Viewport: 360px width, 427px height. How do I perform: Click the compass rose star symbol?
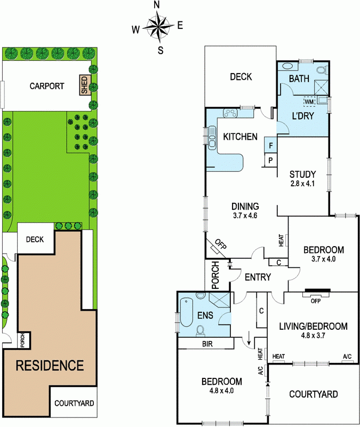point(158,26)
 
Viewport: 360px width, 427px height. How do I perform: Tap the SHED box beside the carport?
point(84,85)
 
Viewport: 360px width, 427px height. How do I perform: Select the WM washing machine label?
point(309,102)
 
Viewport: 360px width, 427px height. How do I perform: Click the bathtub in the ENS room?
point(186,312)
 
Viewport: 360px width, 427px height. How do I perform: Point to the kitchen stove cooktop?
point(231,113)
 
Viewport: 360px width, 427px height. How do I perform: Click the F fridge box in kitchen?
point(270,146)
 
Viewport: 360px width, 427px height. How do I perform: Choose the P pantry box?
point(270,160)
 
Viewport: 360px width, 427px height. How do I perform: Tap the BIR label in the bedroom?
point(207,344)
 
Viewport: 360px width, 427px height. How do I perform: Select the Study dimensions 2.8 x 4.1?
point(302,184)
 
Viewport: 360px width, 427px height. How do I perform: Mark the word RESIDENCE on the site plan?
point(50,366)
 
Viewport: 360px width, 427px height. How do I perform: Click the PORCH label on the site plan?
point(22,340)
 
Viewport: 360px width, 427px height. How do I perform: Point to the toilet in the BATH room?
point(323,69)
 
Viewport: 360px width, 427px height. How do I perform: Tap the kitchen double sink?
point(212,138)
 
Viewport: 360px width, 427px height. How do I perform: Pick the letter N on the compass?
point(156,5)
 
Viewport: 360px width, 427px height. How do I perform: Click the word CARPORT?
point(47,86)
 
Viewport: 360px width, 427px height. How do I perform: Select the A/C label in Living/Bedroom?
point(347,357)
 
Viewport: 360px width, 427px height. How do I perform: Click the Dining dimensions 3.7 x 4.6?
point(245,216)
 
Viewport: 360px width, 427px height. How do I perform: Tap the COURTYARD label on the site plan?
point(74,403)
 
